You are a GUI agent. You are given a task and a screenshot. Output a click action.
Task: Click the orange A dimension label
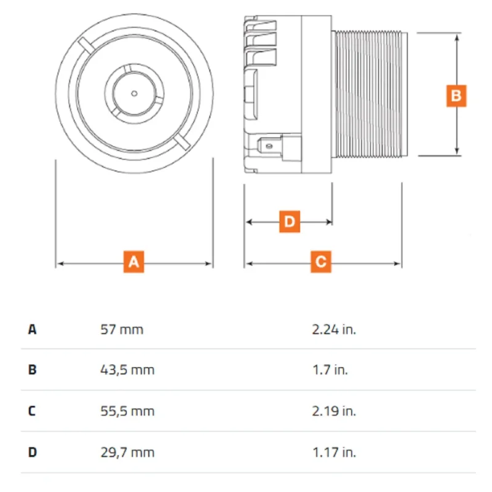[x=133, y=262]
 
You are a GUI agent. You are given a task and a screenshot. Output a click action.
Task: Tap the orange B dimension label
[x=456, y=96]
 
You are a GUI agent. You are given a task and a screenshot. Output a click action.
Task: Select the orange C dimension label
[x=320, y=262]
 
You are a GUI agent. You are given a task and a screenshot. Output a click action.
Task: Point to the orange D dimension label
[x=289, y=221]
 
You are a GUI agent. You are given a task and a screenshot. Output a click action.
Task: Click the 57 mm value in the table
[x=122, y=330]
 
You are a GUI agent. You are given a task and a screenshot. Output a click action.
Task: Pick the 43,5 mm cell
[x=127, y=370]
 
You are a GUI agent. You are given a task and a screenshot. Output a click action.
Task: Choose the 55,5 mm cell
[x=127, y=411]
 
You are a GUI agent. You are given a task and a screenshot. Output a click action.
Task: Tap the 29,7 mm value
[x=127, y=453]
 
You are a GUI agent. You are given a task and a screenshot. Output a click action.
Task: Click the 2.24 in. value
[x=334, y=330]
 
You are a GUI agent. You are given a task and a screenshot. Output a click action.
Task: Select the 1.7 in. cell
[x=330, y=370]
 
